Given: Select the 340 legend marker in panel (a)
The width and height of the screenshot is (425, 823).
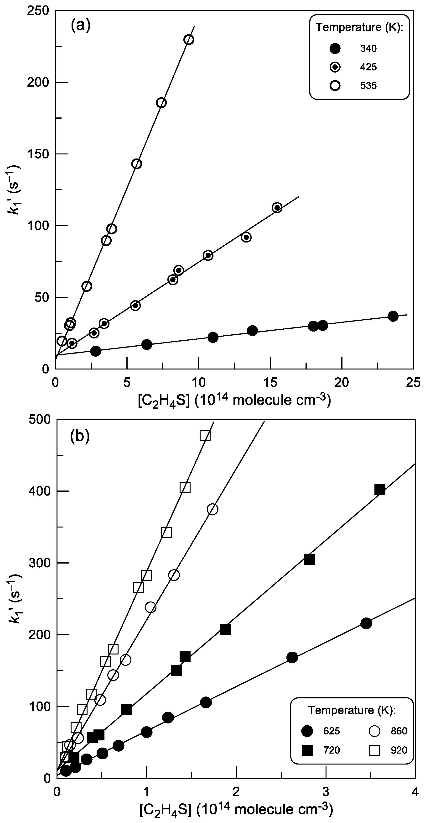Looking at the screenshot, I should (335, 48).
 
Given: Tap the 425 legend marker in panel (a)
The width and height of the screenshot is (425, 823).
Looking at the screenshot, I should (335, 67).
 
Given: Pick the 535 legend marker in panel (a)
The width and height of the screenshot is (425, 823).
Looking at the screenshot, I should (335, 86).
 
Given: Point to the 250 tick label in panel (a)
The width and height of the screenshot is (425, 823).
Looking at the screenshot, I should (39, 11).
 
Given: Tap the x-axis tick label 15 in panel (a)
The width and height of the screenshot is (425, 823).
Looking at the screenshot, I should (270, 382).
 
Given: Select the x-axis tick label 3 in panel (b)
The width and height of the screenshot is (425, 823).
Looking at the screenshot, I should (326, 791).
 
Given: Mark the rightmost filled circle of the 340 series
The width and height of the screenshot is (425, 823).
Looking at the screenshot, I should (393, 316).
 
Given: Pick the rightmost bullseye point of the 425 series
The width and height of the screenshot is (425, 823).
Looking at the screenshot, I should (277, 208).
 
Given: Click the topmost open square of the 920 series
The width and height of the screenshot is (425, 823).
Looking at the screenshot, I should (205, 436).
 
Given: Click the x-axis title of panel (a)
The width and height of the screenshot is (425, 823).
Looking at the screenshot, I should (234, 400).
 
